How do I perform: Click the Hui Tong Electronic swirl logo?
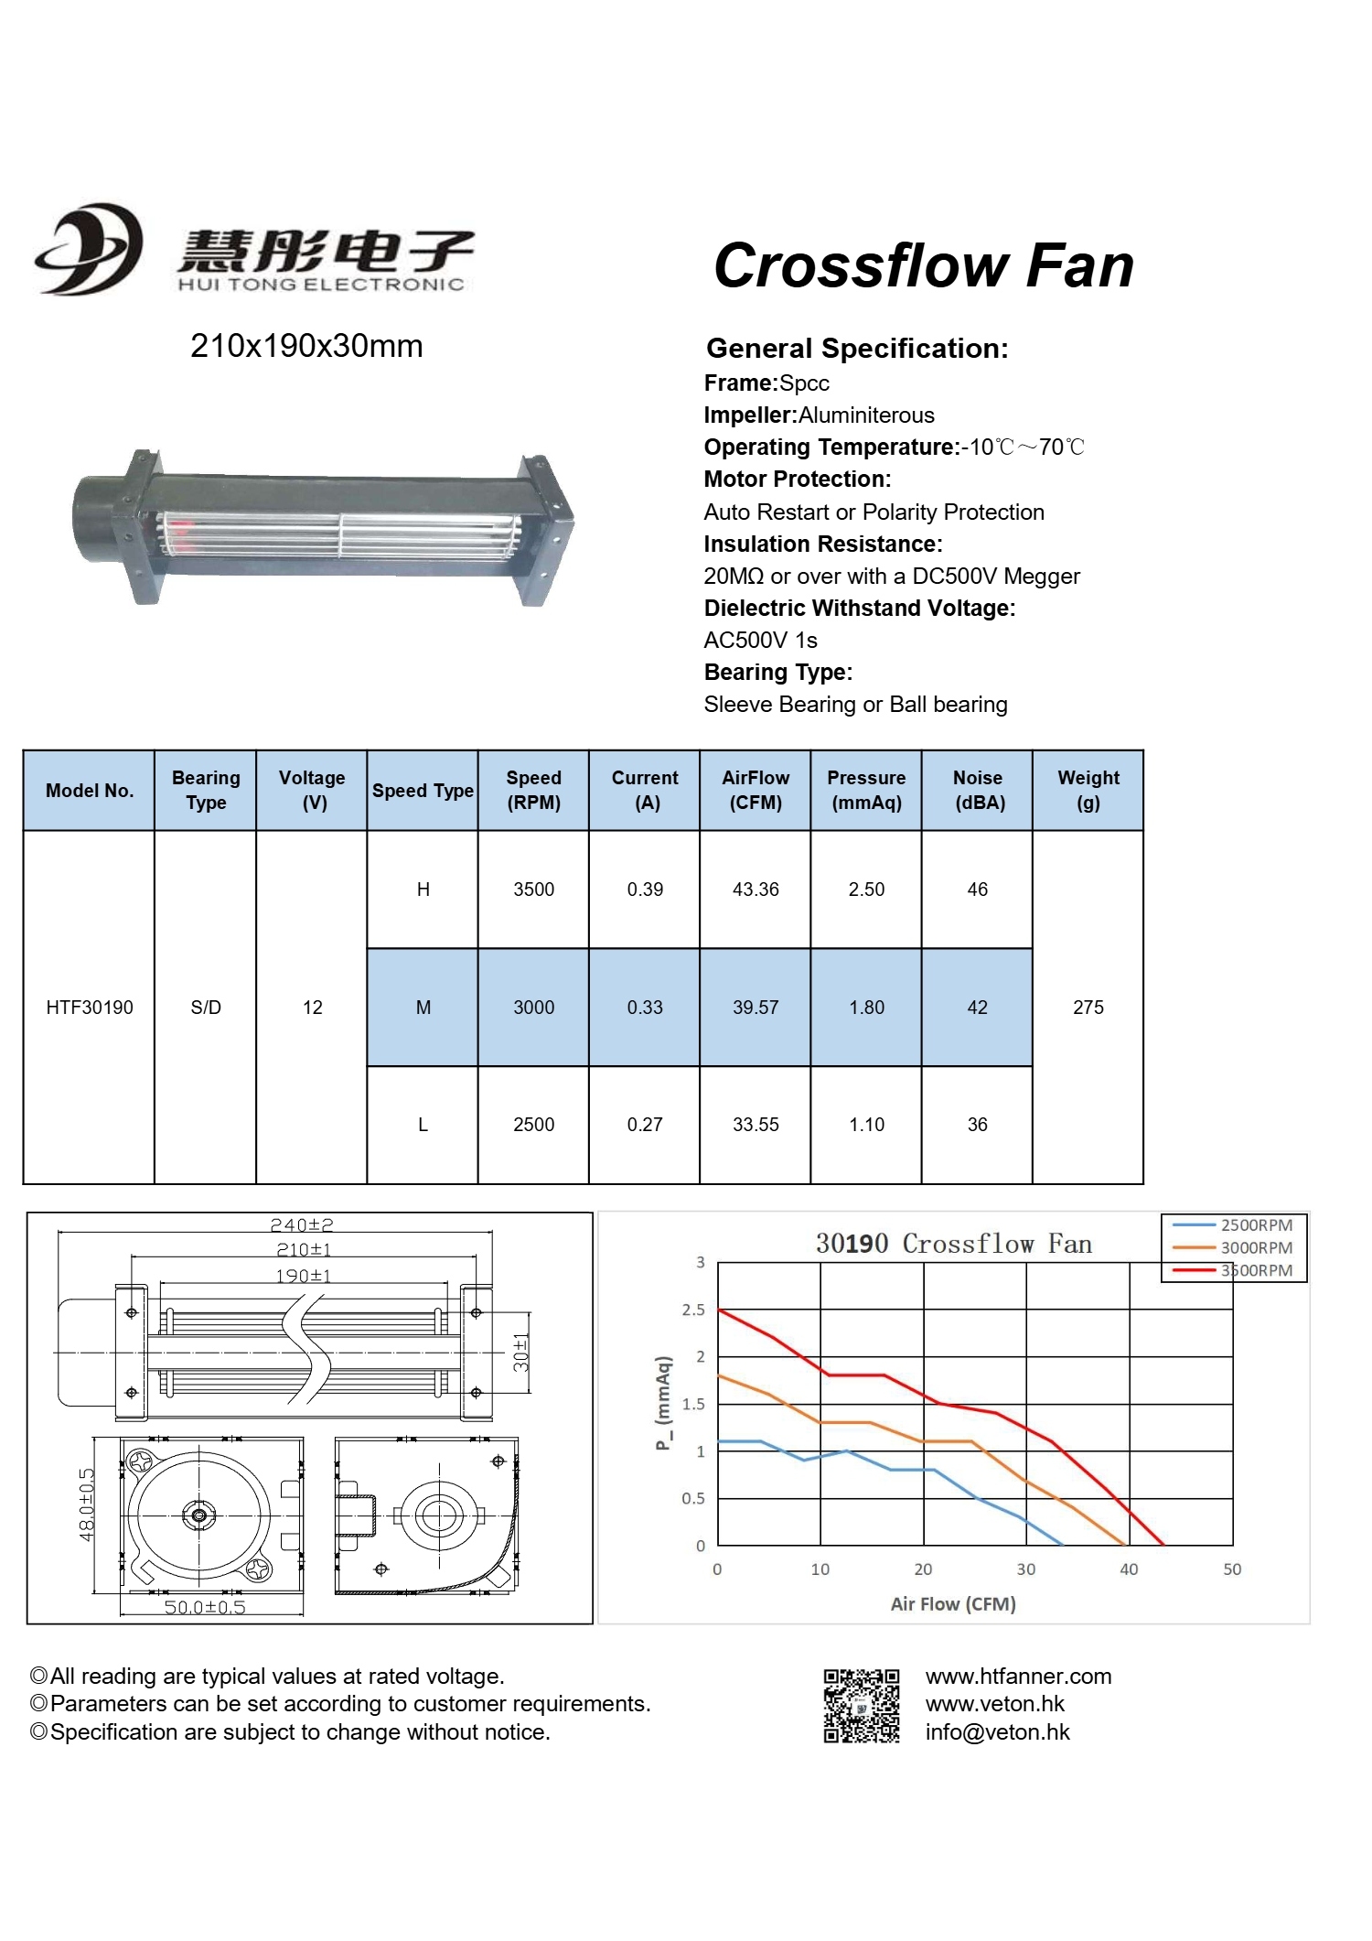90,249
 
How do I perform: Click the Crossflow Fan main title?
923,266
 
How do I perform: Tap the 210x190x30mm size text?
306,347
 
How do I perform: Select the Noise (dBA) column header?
978,790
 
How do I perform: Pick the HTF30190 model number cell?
90,1008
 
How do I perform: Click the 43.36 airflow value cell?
756,890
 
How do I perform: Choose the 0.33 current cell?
645,1008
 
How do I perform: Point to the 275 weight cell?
1088,1008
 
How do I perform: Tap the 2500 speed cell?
533,1125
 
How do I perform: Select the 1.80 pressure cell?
866,1008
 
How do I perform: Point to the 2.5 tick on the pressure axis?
693,1310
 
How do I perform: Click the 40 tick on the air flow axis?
1129,1569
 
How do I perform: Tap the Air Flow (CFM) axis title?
953,1604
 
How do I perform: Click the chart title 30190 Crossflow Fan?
953,1244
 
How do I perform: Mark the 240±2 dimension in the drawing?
302,1225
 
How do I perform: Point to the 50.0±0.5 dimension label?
205,1608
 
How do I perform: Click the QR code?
861,1705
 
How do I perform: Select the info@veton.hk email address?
997,1732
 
